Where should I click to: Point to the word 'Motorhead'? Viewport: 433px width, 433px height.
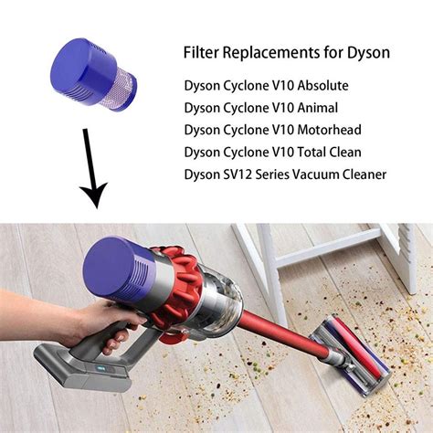[x=331, y=130]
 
